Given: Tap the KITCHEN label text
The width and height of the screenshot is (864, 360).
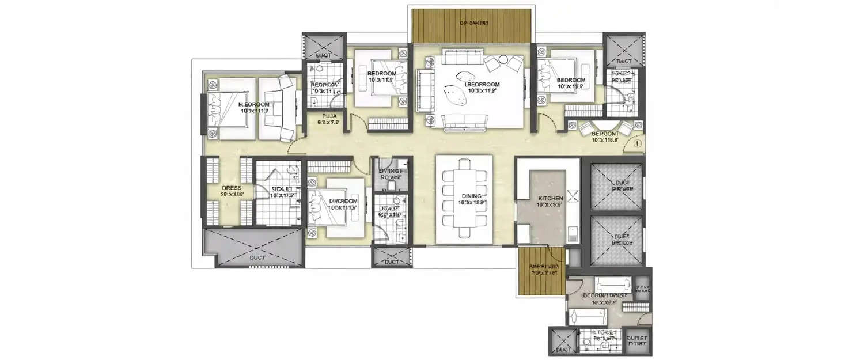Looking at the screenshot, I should (550, 198).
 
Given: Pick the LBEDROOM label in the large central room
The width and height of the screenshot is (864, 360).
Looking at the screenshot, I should (467, 84).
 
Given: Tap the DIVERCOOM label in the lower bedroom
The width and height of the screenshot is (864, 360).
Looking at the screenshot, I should (342, 201).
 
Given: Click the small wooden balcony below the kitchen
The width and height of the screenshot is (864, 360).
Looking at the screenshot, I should (541, 270).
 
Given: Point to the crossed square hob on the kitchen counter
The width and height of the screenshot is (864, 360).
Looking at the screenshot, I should (572, 196).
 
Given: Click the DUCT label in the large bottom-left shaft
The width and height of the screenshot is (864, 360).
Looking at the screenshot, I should (257, 257).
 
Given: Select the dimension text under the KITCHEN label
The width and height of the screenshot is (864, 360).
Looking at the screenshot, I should (550, 204).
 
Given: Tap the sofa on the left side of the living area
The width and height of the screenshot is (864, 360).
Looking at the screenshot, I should (422, 91).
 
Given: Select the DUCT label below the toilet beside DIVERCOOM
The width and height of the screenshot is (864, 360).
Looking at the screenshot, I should (391, 262).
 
